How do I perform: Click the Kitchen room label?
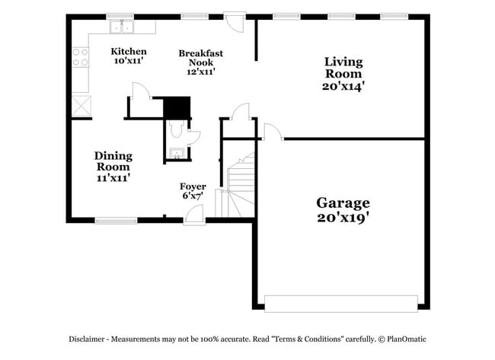(x=128, y=51)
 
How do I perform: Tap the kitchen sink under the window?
(x=122, y=28)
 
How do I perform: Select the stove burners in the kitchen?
(x=79, y=58)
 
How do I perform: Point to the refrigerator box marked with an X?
(x=81, y=104)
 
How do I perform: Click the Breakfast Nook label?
(x=201, y=57)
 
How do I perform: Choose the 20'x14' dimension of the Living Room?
(x=343, y=87)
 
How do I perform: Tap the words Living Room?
(x=343, y=68)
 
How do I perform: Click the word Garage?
(x=343, y=203)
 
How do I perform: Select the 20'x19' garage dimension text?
(x=343, y=218)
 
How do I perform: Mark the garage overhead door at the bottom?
(x=340, y=302)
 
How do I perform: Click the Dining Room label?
(x=113, y=161)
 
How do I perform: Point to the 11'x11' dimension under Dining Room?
(x=113, y=177)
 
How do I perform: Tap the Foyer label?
(x=192, y=186)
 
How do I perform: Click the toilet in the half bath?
(x=176, y=132)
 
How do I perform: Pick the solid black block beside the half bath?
(x=177, y=108)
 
